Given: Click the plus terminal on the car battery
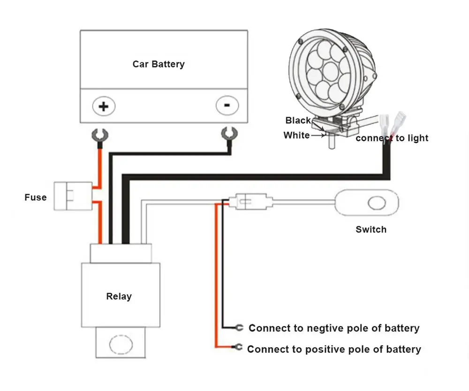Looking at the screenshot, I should pyautogui.click(x=103, y=106).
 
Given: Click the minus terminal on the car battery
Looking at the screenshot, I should pyautogui.click(x=227, y=106).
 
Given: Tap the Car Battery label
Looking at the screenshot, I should pyautogui.click(x=159, y=64).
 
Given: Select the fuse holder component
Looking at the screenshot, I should pyautogui.click(x=73, y=195).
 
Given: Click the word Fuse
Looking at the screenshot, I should pyautogui.click(x=36, y=198).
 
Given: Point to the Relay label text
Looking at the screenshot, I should pyautogui.click(x=119, y=297).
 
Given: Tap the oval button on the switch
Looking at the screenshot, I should pyautogui.click(x=376, y=204).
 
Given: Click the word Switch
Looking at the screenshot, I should pyautogui.click(x=371, y=230).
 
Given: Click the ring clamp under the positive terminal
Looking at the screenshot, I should pyautogui.click(x=100, y=136).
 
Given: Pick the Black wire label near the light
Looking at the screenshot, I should pyautogui.click(x=298, y=121).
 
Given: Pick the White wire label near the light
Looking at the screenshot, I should pyautogui.click(x=296, y=136).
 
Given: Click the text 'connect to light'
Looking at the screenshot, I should pyautogui.click(x=392, y=138).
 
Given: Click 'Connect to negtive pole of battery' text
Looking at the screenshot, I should pyautogui.click(x=334, y=328).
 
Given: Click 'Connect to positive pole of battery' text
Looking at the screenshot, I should pyautogui.click(x=334, y=349).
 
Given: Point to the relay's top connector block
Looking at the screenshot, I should pyautogui.click(x=121, y=254).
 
